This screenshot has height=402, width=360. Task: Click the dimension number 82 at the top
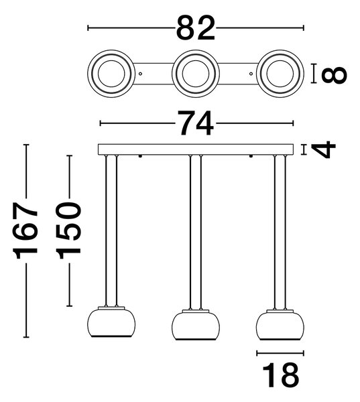point(196,28)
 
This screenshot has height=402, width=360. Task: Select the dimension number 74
point(196,123)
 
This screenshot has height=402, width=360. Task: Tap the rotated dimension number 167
point(25,230)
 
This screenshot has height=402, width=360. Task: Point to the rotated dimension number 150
point(68,230)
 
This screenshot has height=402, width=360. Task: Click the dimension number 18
point(281,375)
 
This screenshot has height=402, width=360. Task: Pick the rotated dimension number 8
point(334,74)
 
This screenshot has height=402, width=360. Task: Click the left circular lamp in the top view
point(111,74)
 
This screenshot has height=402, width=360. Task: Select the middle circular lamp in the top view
point(196,74)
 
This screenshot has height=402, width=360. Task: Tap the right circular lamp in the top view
point(280,74)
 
